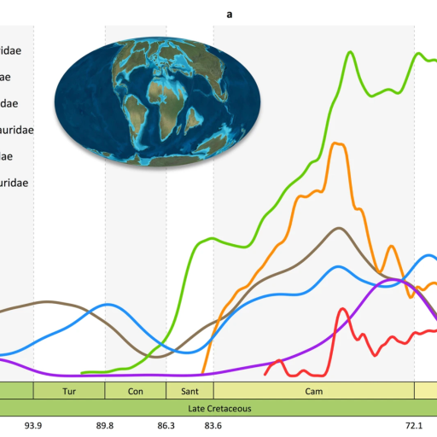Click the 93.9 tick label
pyautogui.click(x=33, y=425)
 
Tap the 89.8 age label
pyautogui.click(x=105, y=425)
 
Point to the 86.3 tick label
pyautogui.click(x=166, y=425)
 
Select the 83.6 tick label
pyautogui.click(x=213, y=425)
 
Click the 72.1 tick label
pyautogui.click(x=414, y=425)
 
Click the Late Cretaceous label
pyautogui.click(x=218, y=408)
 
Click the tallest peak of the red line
pyautogui.click(x=343, y=310)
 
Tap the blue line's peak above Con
pyautogui.click(x=108, y=304)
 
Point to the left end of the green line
pyautogui.click(x=82, y=372)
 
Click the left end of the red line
pyautogui.click(x=265, y=374)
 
